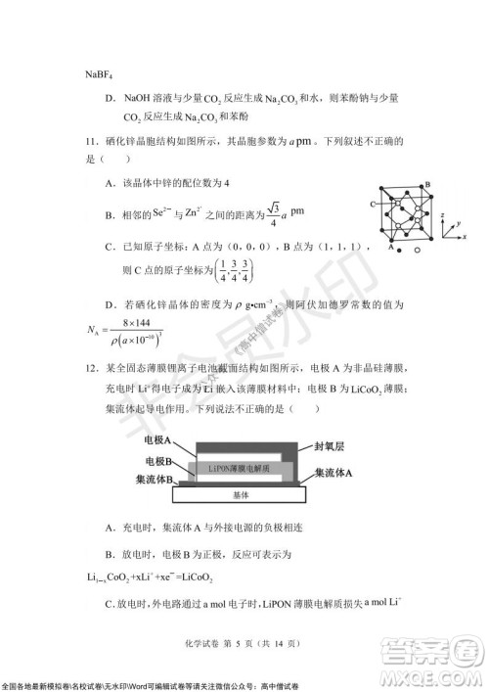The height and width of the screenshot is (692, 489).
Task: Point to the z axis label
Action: (x=445, y=213)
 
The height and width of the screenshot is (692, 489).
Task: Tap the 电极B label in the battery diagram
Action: (x=160, y=460)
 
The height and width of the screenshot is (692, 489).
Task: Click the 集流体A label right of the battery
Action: (x=334, y=473)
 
